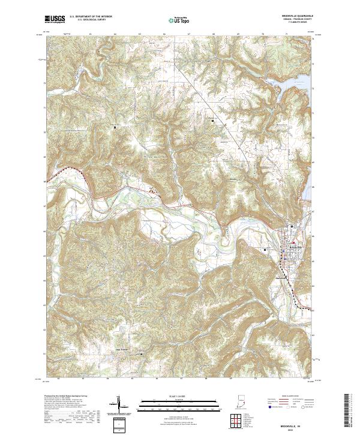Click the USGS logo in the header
coord(55,19)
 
